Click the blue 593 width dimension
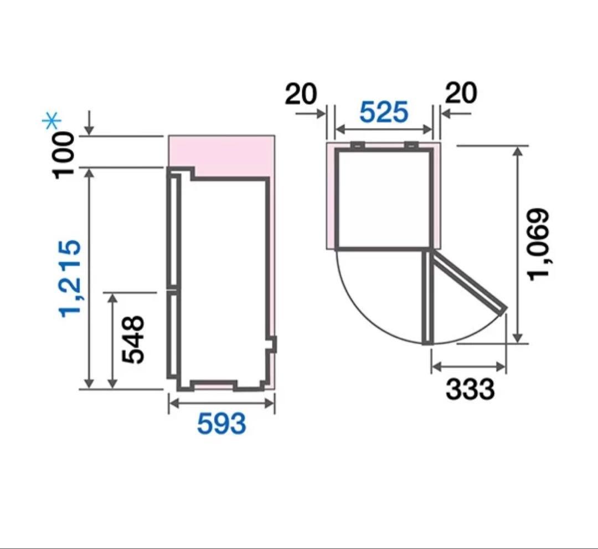(221, 424)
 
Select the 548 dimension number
(133, 339)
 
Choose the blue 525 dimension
(384, 113)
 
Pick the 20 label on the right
(461, 93)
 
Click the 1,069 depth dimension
(539, 245)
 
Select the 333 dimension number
(470, 389)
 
